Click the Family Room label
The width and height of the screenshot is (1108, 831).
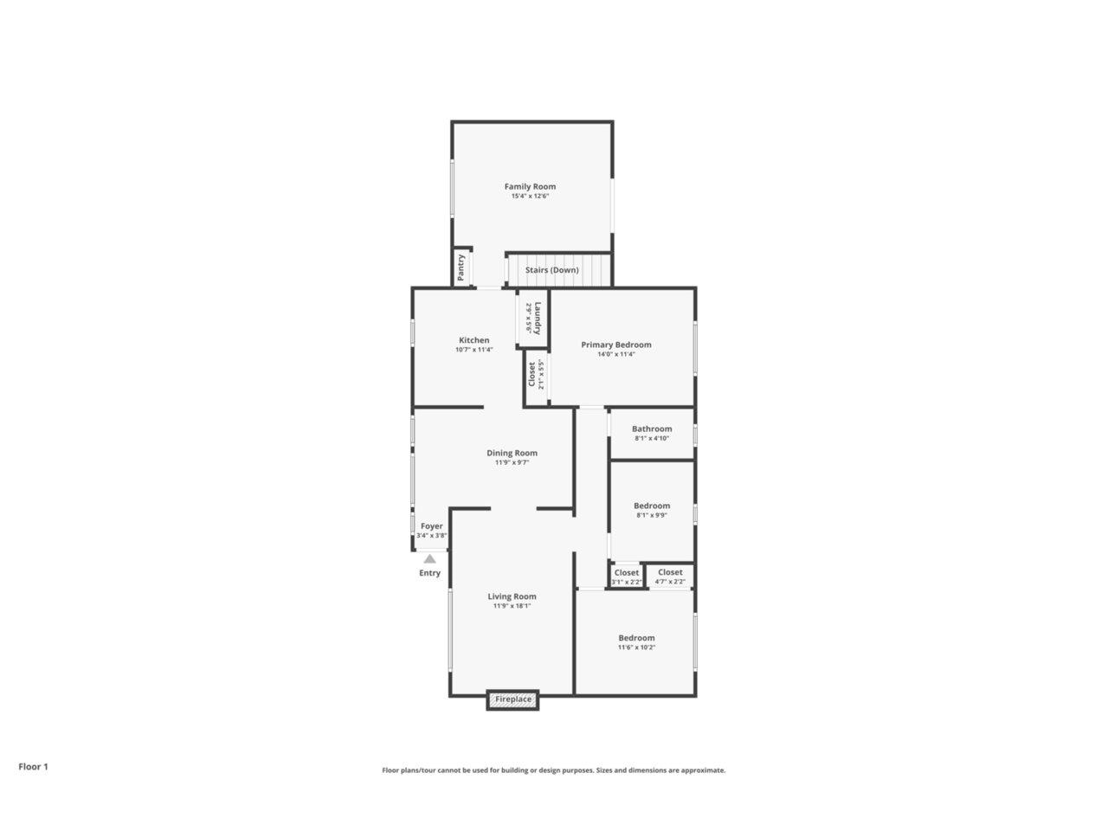530,186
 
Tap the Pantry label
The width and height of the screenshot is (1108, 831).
461,267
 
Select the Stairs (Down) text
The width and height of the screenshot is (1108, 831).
551,270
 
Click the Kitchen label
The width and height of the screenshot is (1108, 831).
474,340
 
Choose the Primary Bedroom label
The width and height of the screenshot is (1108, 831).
615,345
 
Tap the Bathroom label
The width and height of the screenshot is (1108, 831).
652,428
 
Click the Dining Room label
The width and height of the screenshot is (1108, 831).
512,453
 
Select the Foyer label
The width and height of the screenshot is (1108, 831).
432,526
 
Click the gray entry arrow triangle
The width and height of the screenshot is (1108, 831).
429,559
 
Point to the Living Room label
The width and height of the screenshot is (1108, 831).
512,596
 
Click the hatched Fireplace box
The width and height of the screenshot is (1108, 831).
512,699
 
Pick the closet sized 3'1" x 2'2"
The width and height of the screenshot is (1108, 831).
627,577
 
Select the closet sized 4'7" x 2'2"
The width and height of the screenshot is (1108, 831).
670,576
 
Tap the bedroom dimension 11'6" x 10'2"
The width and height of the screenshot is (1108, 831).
636,647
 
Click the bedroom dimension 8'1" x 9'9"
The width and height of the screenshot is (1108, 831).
652,515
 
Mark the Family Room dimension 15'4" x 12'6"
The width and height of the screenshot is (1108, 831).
530,196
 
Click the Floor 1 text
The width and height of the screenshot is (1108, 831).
33,766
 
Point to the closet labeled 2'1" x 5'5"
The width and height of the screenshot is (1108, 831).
536,374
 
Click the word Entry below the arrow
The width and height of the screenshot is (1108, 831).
429,573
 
